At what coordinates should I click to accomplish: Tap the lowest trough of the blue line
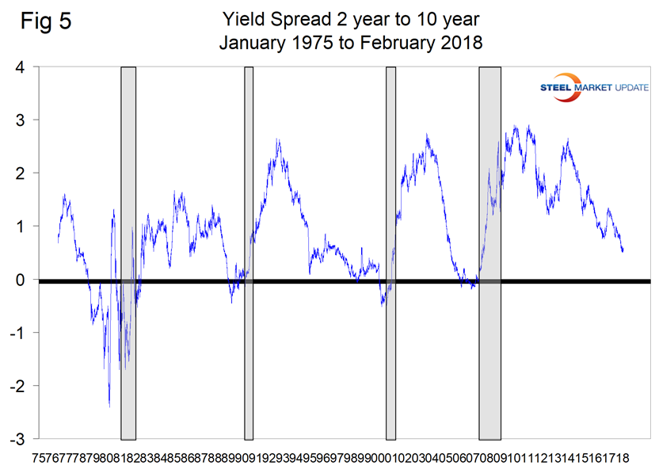109,406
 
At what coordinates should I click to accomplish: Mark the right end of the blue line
623,251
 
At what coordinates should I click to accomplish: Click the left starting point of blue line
58,242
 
